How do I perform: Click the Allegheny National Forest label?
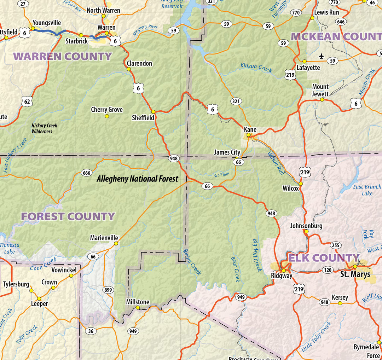138,179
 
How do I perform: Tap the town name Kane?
250,129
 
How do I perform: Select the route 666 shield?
86,173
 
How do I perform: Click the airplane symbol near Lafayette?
321,56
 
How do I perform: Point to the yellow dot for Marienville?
116,243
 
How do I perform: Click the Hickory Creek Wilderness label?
44,128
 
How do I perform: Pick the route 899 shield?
108,290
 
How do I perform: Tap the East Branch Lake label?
367,190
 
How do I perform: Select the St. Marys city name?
355,274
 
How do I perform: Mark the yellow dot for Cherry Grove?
107,116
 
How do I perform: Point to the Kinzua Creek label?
256,67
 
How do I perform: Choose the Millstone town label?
138,302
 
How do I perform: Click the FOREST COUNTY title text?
68,216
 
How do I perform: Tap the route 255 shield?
336,245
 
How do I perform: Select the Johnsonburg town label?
306,226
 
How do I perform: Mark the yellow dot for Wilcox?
301,184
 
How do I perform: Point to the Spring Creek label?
191,261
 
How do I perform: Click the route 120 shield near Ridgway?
328,270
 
